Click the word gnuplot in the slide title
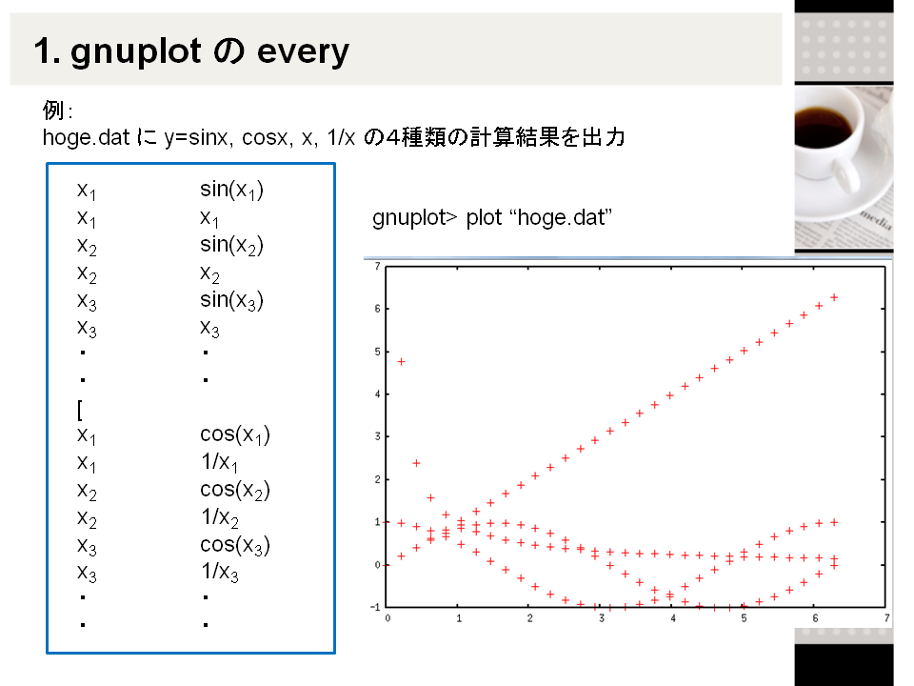click(x=135, y=51)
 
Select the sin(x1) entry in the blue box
click(x=231, y=190)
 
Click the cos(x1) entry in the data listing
click(x=235, y=434)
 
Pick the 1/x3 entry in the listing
click(x=220, y=572)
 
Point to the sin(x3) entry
click(x=231, y=300)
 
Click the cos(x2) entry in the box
click(x=235, y=490)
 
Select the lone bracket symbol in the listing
click(x=80, y=410)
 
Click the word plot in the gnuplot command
click(x=484, y=217)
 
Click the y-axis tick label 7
click(x=378, y=266)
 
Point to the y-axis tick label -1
click(x=375, y=607)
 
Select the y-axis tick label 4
click(x=378, y=394)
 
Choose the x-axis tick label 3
click(x=602, y=618)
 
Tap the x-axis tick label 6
click(x=816, y=618)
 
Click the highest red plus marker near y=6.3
click(x=834, y=297)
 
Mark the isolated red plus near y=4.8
click(x=401, y=362)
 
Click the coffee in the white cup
click(x=823, y=126)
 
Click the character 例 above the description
click(x=53, y=111)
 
